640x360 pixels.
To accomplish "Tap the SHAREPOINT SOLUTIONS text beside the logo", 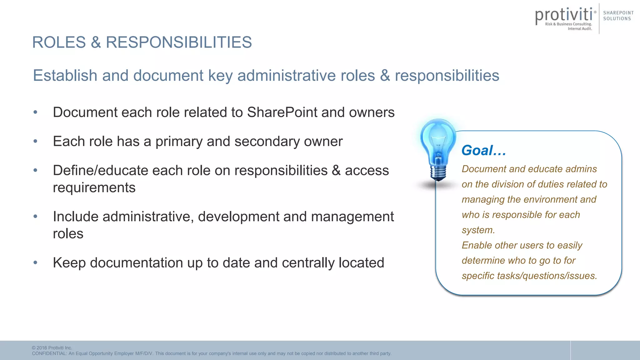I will pyautogui.click(x=618, y=16).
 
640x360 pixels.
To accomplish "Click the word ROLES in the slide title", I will pyautogui.click(x=59, y=42).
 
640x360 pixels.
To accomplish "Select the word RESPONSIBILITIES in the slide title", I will pyautogui.click(x=179, y=42).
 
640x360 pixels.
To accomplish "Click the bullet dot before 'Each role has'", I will pyautogui.click(x=35, y=141).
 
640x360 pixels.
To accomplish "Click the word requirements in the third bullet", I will pyautogui.click(x=94, y=187).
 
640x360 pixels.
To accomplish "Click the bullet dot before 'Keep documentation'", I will pyautogui.click(x=35, y=262).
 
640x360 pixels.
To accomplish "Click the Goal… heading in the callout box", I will pyautogui.click(x=483, y=150).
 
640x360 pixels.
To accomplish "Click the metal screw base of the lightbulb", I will pyautogui.click(x=438, y=172).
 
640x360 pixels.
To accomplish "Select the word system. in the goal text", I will pyautogui.click(x=478, y=230).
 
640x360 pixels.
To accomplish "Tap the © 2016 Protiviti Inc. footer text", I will pyautogui.click(x=52, y=348).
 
